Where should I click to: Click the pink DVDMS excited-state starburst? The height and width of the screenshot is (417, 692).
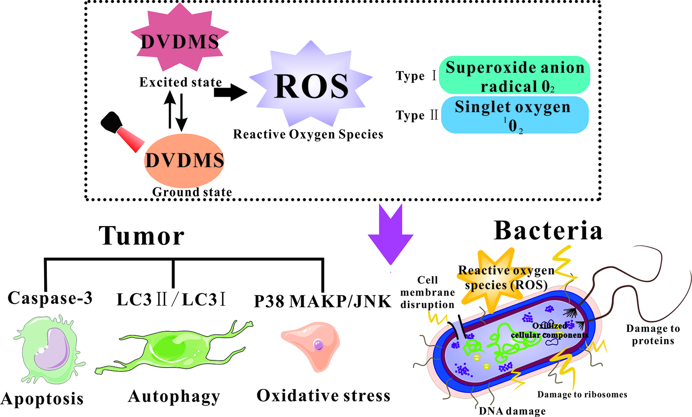coord(180,41)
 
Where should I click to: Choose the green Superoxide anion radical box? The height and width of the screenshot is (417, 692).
coord(514,76)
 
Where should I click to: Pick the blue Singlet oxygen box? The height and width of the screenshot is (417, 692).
coord(514,115)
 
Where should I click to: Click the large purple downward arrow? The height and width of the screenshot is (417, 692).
coord(390,235)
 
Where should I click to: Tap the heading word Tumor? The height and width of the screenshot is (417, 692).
coord(142,236)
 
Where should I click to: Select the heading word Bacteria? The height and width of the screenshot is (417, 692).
coord(548,231)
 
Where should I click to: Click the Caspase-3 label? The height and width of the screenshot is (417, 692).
coord(50,298)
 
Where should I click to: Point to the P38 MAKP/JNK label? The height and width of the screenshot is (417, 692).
coord(323,301)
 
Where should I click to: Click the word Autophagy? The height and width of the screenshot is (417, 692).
coord(174,397)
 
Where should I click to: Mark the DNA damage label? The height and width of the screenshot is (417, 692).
coord(512,411)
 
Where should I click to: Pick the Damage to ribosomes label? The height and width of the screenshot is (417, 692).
coord(582,394)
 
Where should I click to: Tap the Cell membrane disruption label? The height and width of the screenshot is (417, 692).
coord(427,292)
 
